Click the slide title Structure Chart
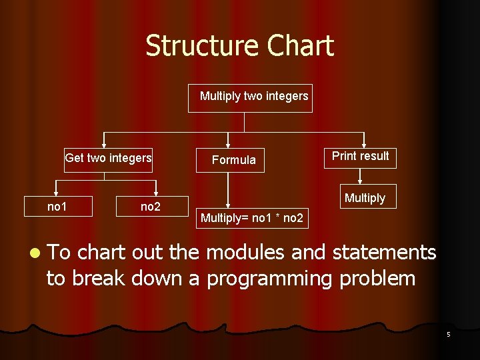(239, 46)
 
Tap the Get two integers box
(108, 159)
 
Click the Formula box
(230, 160)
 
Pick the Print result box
(361, 157)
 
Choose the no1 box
(57, 207)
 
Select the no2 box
(151, 207)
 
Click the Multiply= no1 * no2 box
(252, 217)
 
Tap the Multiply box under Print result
(365, 197)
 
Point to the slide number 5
(448, 334)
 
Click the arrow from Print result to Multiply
(360, 176)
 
